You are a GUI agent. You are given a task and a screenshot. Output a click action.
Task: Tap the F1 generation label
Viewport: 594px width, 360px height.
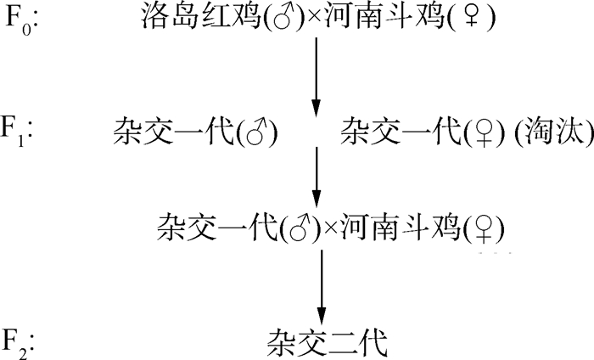tap(20, 131)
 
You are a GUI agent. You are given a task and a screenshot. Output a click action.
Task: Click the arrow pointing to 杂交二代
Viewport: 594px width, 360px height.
tap(321, 284)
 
